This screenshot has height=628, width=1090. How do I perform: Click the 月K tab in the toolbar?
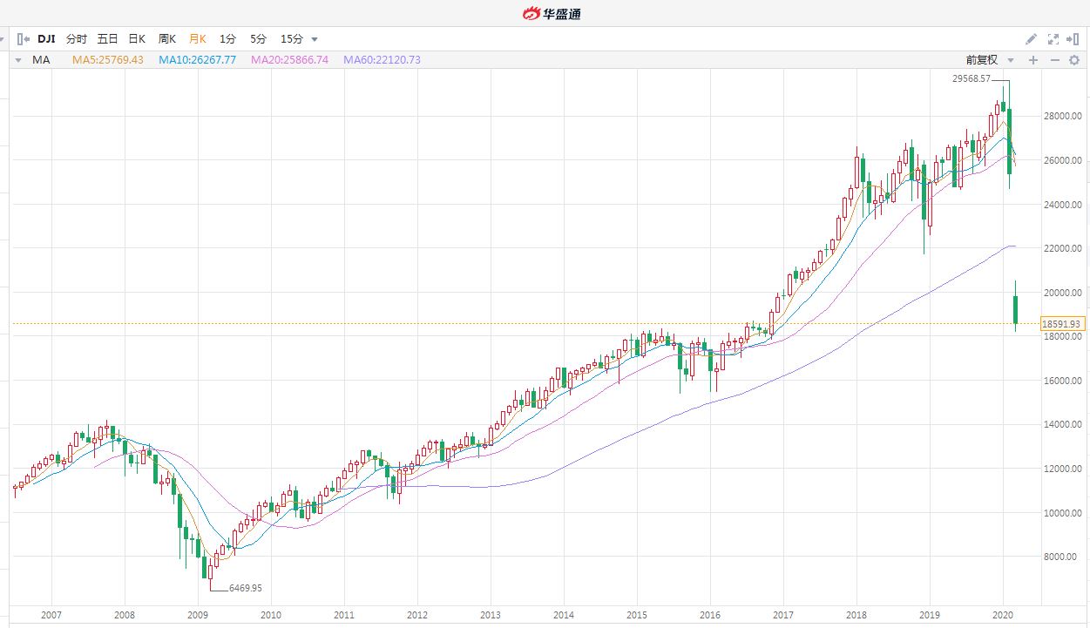(x=198, y=39)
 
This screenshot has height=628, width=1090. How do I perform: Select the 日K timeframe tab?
(x=137, y=39)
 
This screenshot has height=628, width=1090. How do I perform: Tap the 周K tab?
(x=167, y=39)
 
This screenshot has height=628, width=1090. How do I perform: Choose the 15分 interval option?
(x=292, y=39)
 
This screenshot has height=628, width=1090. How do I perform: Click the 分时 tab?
(x=77, y=39)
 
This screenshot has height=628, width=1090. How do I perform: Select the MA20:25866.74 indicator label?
(x=289, y=60)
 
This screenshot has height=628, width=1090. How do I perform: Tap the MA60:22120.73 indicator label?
(x=382, y=60)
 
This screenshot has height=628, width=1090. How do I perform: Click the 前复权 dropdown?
(x=990, y=60)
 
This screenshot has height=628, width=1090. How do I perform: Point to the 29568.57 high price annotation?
(x=972, y=79)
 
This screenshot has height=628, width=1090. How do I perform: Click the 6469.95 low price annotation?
(x=245, y=589)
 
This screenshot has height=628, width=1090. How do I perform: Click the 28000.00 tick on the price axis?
(x=1062, y=116)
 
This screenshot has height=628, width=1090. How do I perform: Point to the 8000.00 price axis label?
(x=1062, y=557)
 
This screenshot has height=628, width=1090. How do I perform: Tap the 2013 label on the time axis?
(x=491, y=615)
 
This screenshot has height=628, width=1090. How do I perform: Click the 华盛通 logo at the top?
(x=551, y=13)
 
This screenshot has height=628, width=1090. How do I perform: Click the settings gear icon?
(x=1073, y=60)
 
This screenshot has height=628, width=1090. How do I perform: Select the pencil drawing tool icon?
(x=1032, y=39)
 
